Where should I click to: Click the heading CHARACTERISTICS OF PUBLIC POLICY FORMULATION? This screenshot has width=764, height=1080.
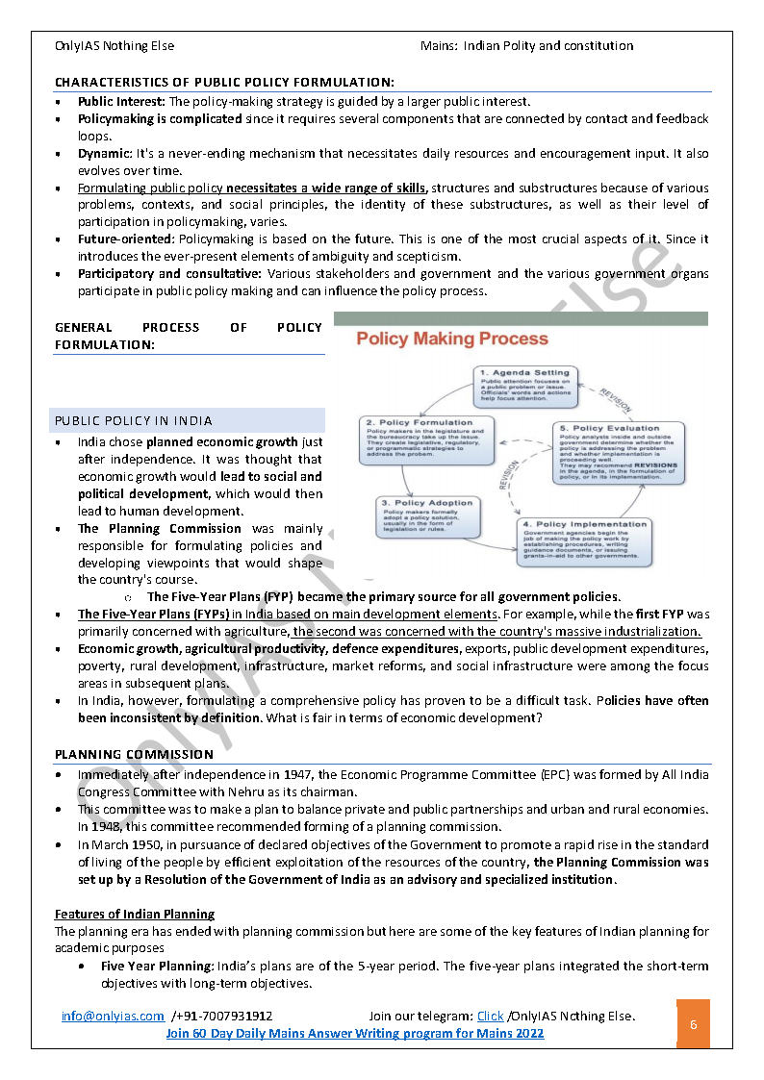(224, 83)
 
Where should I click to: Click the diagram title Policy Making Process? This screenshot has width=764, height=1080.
(452, 339)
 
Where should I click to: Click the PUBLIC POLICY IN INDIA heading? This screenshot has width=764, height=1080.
(134, 421)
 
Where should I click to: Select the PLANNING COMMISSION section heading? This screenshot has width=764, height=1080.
(134, 755)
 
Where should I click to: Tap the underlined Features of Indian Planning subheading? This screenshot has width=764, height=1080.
(134, 914)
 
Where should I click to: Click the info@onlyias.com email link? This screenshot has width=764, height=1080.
(112, 1016)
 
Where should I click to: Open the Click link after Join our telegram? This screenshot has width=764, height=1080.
(490, 1016)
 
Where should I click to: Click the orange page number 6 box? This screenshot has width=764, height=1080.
(693, 1024)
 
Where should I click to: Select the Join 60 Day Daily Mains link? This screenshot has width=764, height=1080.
(354, 1033)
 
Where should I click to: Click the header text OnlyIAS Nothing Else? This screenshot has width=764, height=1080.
(115, 46)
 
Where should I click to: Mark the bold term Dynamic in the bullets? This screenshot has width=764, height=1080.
(105, 153)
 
